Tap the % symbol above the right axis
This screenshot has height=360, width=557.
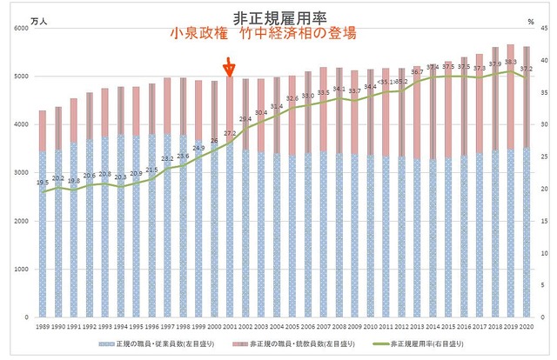530,17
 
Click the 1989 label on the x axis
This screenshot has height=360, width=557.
43,326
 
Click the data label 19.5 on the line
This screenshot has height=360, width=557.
43,183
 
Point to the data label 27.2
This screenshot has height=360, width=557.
230,134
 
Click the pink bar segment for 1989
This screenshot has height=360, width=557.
43,130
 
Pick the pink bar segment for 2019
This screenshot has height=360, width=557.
509,96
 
